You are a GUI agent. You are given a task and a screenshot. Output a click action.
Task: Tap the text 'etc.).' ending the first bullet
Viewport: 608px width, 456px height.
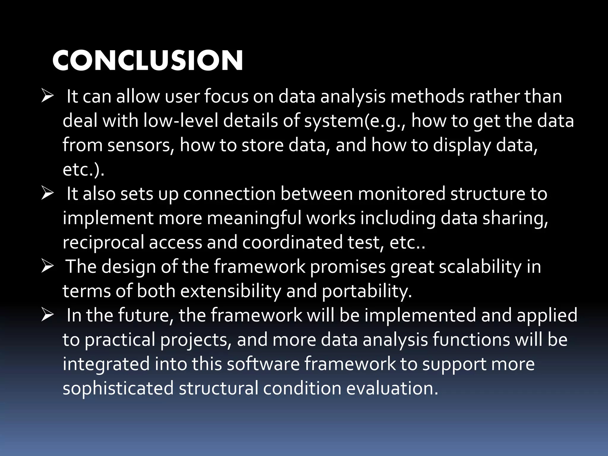coord(83,170)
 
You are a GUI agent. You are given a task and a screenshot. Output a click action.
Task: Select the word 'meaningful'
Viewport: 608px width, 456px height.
coord(254,218)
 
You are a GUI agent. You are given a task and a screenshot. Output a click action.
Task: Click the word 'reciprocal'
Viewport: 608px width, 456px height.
coord(103,243)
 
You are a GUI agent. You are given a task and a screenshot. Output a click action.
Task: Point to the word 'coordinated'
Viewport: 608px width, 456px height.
coord(292,243)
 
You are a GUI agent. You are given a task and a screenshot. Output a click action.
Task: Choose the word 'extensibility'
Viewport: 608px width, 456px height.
coord(230,291)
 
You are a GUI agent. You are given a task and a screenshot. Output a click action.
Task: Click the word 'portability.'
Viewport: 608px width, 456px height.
coord(367,291)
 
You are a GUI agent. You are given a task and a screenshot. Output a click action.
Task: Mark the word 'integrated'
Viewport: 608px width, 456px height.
coord(106,364)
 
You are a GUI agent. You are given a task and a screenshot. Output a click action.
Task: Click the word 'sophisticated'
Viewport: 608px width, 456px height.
coord(118,388)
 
